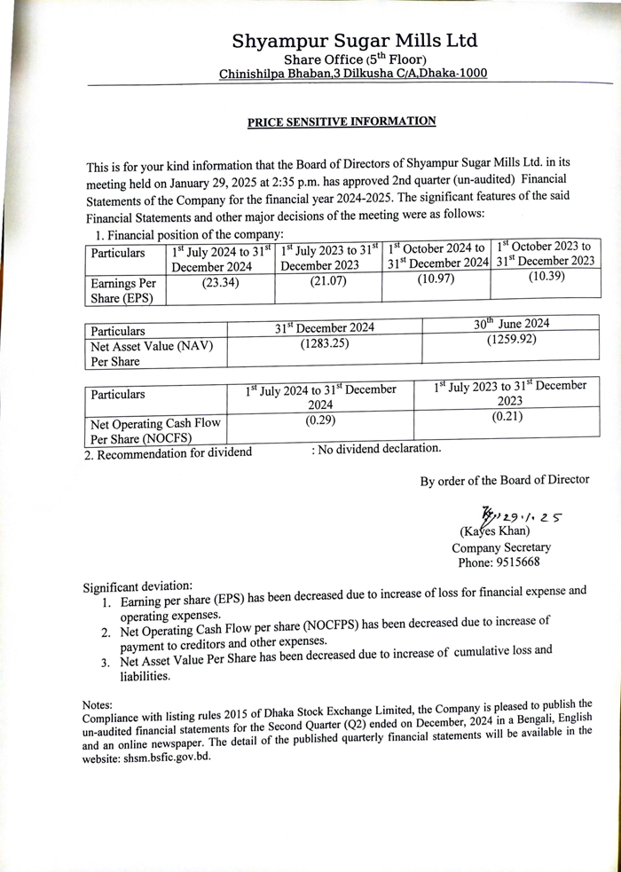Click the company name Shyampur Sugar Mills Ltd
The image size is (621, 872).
point(354,40)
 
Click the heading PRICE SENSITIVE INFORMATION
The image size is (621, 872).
point(342,122)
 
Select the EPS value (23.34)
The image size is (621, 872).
point(219,283)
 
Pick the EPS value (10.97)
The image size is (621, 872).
point(436,279)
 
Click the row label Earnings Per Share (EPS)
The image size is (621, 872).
point(125,290)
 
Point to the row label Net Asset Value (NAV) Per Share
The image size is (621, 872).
point(150,353)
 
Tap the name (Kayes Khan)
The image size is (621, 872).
point(494,531)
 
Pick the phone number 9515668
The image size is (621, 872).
point(515,562)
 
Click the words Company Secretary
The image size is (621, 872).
point(501,547)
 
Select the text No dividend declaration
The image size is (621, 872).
point(376,449)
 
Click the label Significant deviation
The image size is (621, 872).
point(138,587)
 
